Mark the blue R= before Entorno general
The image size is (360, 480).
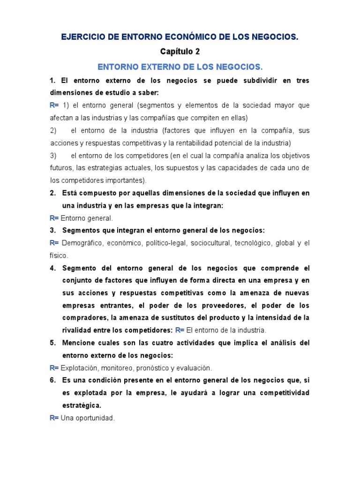pyautogui.click(x=54, y=218)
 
